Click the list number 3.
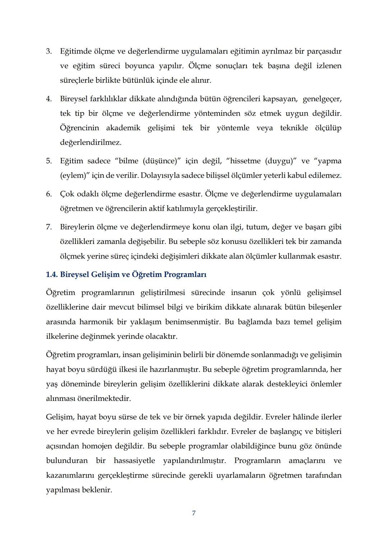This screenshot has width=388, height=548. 48,51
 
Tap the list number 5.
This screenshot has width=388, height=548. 48,161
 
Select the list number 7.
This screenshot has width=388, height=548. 48,227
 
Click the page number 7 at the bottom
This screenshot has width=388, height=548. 194,513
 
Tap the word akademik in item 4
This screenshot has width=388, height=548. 123,128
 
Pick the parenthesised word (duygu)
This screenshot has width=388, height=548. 281,161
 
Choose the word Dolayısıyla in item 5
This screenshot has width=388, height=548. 158,176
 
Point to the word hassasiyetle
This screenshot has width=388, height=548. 134,461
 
